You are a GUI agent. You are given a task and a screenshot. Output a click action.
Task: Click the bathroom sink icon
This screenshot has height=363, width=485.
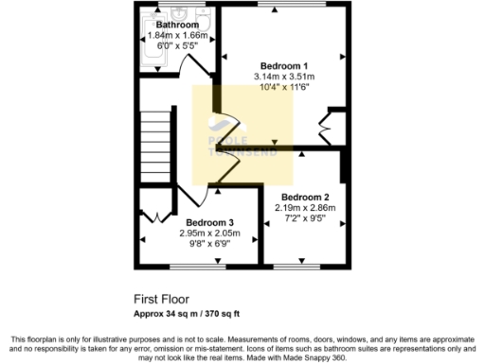coord(181,13)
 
